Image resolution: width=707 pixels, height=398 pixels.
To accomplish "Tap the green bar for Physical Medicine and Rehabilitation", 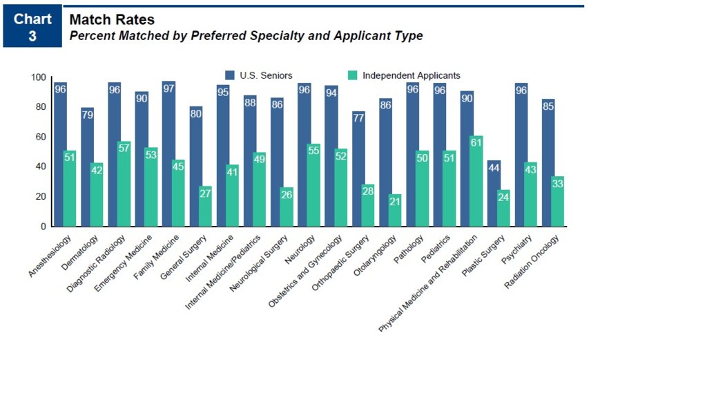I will (476, 181).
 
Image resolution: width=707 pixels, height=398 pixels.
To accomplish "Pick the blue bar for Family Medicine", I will (168, 153).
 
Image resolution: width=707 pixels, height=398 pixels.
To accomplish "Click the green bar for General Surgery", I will (205, 206).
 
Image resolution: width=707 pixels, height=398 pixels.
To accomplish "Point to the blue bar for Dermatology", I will (87, 167).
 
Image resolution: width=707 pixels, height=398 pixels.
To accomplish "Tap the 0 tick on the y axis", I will (43, 227).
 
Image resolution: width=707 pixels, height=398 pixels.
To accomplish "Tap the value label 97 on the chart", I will (168, 89).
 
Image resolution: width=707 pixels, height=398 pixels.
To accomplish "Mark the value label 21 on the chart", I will (395, 202).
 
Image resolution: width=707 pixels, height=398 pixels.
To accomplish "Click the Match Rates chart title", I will (112, 20).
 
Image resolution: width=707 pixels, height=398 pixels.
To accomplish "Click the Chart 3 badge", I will (32, 28).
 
